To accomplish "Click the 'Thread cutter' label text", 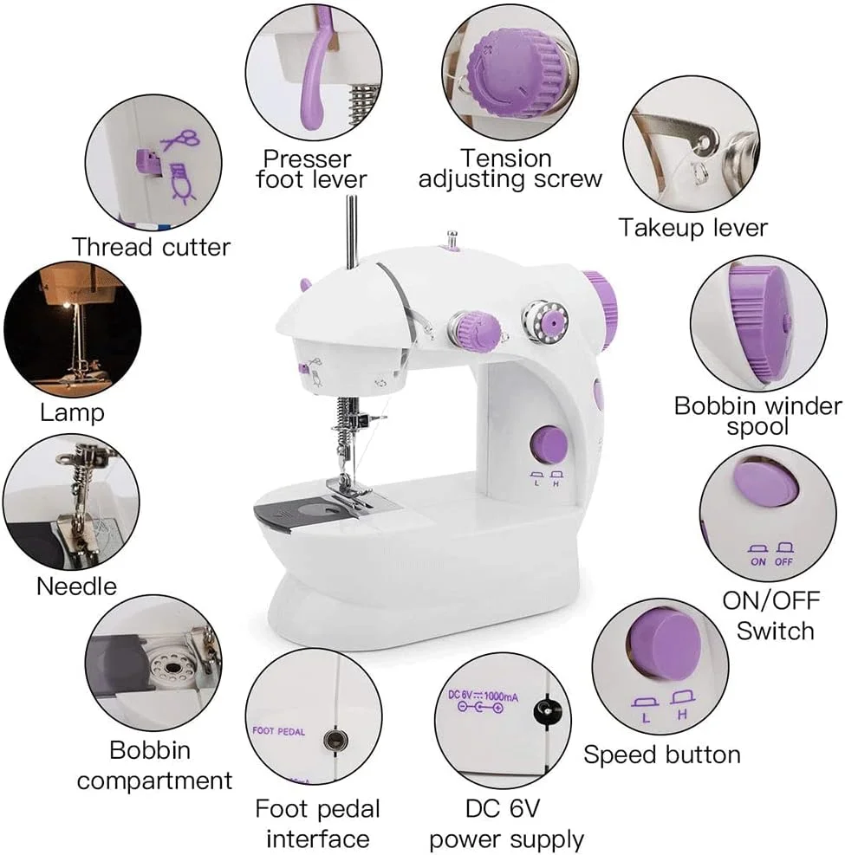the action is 151,247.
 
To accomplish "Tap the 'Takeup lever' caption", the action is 692,227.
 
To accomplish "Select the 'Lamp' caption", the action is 72,413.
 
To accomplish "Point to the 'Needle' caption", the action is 76,586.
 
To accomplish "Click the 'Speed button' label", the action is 662,755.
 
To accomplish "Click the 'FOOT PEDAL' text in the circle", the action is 278,731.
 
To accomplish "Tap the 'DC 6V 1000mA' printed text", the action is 483,696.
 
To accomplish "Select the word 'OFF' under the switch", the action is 783,561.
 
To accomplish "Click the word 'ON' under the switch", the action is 757,561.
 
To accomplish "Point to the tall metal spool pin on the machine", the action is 352,233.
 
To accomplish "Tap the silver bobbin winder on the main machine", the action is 545,323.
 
